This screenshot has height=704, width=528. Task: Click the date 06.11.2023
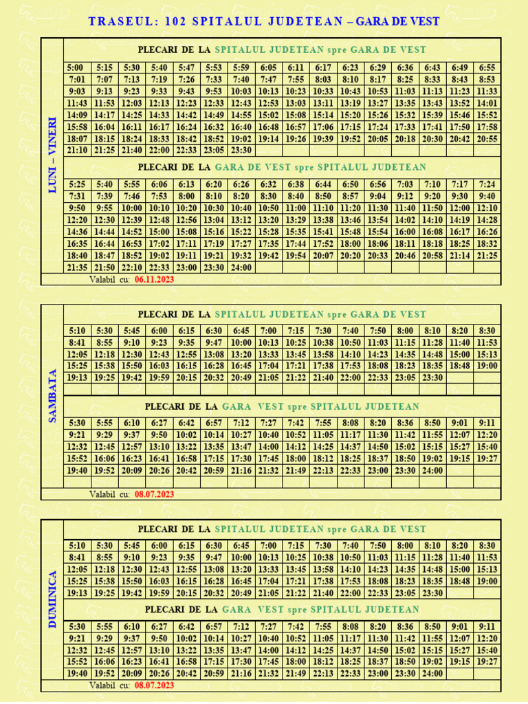click(x=155, y=280)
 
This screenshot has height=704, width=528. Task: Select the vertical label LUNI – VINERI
click(x=52, y=155)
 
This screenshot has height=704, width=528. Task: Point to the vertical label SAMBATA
click(x=52, y=395)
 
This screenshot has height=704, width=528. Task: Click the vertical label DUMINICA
click(x=52, y=600)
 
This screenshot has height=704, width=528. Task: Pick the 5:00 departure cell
click(x=76, y=67)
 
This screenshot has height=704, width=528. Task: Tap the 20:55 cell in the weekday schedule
click(x=487, y=138)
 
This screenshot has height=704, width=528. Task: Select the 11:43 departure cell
click(x=77, y=103)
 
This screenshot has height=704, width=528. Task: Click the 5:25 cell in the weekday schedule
click(x=77, y=184)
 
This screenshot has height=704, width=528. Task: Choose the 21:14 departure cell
click(x=460, y=255)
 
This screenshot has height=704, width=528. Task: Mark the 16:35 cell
click(x=77, y=243)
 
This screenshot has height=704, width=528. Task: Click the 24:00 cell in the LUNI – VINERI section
click(x=241, y=267)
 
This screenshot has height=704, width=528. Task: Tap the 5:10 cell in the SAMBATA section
click(x=77, y=331)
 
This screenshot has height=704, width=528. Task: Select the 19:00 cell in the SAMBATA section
click(x=487, y=366)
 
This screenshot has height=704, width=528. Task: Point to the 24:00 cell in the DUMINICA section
click(x=432, y=674)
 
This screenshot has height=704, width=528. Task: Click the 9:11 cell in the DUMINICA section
click(x=487, y=626)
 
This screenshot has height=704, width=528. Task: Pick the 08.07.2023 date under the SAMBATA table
click(x=155, y=494)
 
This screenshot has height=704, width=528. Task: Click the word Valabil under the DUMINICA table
click(x=104, y=686)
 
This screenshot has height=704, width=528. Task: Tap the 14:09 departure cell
click(x=77, y=115)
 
